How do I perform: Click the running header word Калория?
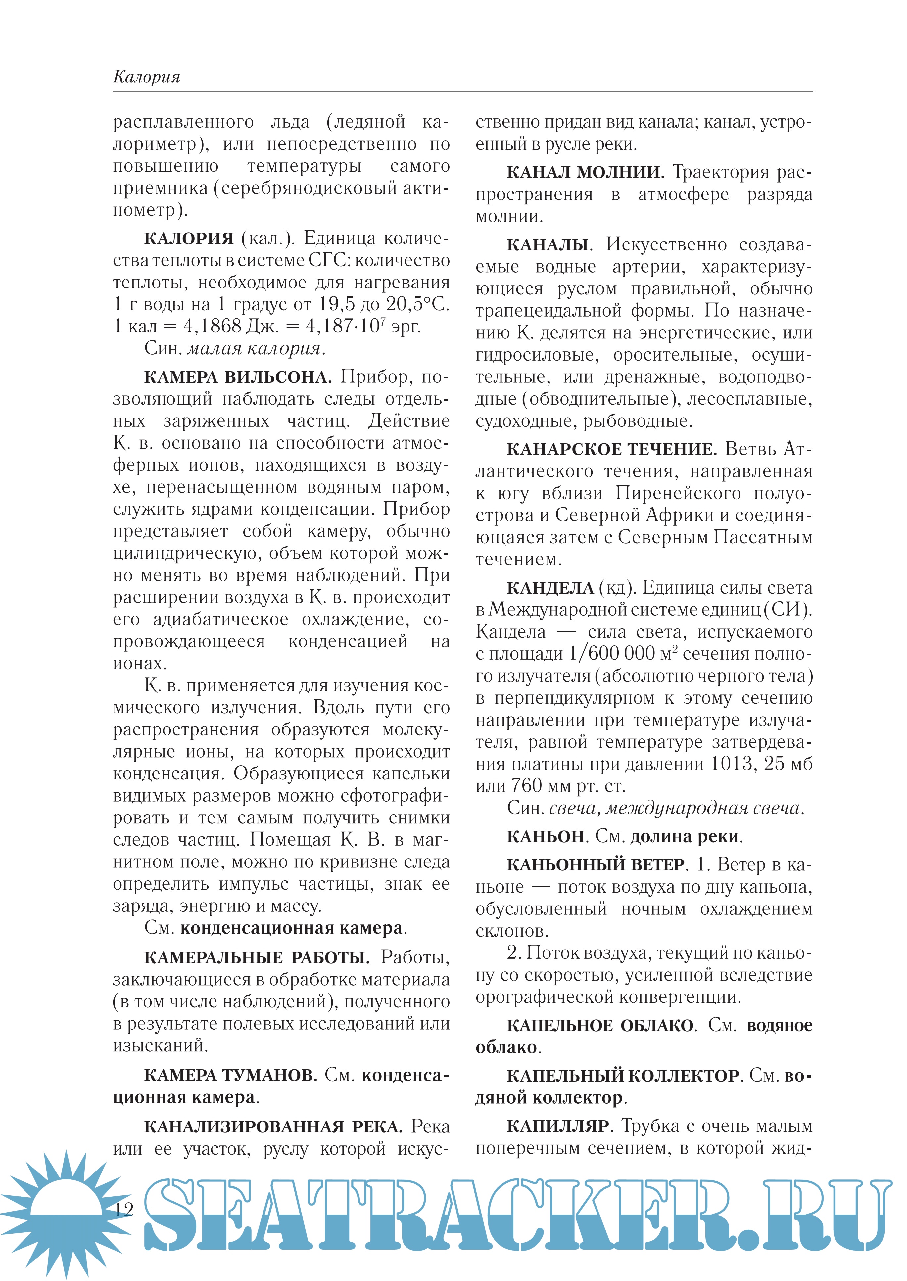click(x=146, y=76)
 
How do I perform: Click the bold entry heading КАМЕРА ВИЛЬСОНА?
click(x=237, y=377)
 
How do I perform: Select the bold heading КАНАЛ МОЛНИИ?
click(x=585, y=172)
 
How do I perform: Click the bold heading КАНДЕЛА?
click(x=550, y=588)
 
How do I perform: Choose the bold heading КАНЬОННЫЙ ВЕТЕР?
click(x=596, y=864)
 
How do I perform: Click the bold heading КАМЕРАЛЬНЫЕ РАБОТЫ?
click(x=256, y=958)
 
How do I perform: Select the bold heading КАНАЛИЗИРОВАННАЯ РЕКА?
click(x=273, y=1126)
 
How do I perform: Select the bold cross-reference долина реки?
click(x=684, y=837)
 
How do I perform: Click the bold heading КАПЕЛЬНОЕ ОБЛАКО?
click(x=600, y=1025)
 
